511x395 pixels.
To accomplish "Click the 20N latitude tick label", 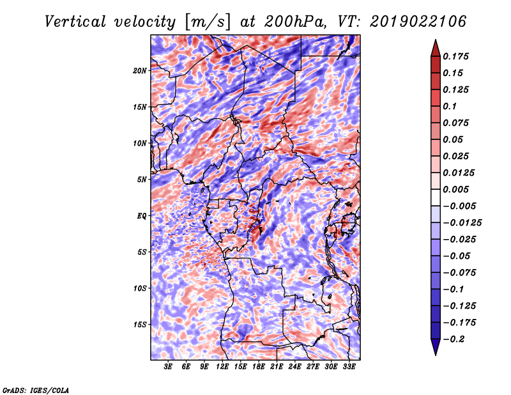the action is tap(140, 70).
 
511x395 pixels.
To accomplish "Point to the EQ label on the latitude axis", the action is tap(141, 216).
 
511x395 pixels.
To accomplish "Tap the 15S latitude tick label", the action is tap(140, 325).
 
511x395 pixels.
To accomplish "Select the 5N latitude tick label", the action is tap(142, 180).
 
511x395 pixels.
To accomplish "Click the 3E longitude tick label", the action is tap(168, 367).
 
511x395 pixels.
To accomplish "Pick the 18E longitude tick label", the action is tap(259, 367).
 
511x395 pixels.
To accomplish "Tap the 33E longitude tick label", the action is tap(349, 367).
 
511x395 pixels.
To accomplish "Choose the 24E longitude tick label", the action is tap(294, 367).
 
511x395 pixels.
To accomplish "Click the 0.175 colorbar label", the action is tap(455, 56).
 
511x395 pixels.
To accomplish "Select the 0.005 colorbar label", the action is tap(455, 189).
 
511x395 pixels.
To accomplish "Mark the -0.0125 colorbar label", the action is tap(462, 223).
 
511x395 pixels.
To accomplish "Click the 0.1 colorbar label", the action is tap(450, 106).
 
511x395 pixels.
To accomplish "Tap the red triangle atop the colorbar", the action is tap(436, 49).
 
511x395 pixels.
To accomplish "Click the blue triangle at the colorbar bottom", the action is tap(436, 347).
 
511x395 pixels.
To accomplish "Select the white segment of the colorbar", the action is tap(436, 197).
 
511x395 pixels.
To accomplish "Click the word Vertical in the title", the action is tap(75, 22).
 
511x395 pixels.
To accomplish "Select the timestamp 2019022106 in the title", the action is tap(418, 22).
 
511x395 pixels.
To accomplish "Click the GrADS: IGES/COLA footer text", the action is tap(36, 390).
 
